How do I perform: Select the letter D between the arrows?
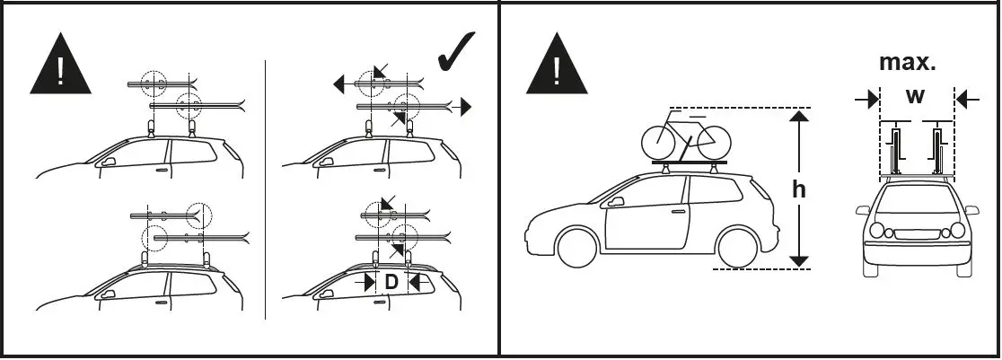click(391, 283)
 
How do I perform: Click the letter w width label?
click(915, 97)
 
